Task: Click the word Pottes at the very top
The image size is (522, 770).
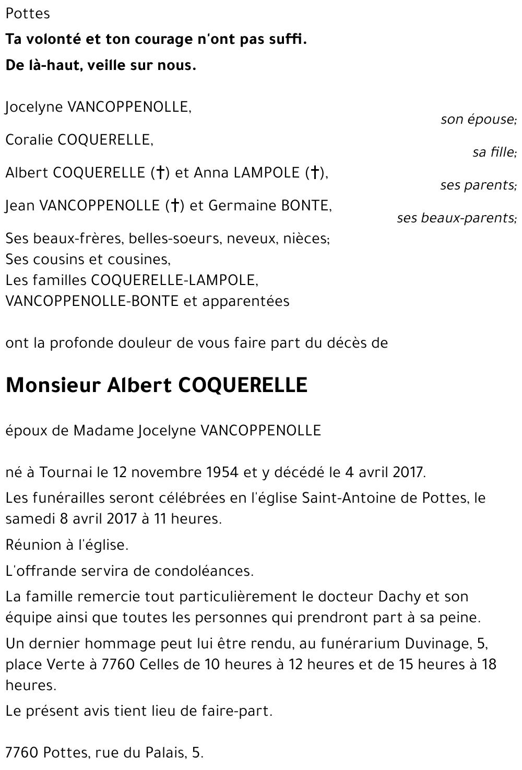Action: tap(28, 14)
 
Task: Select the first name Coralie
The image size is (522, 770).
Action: tap(29, 140)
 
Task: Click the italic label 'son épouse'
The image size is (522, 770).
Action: tap(478, 120)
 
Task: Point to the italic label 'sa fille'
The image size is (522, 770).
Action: tap(494, 152)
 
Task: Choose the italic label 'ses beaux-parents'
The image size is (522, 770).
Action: tap(456, 218)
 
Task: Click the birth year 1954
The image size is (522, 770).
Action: tap(219, 472)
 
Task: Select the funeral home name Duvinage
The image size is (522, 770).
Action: tap(440, 644)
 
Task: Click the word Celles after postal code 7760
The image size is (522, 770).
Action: tap(167, 665)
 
